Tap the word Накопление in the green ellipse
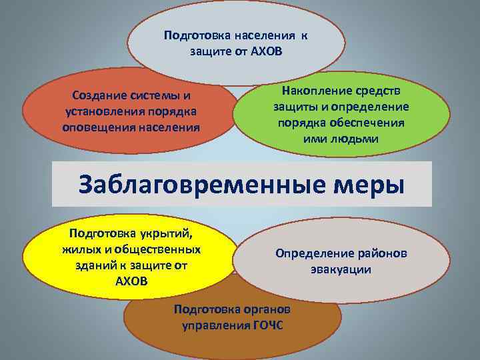tap(310, 91)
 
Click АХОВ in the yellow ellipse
tap(132, 280)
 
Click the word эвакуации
tap(341, 269)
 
